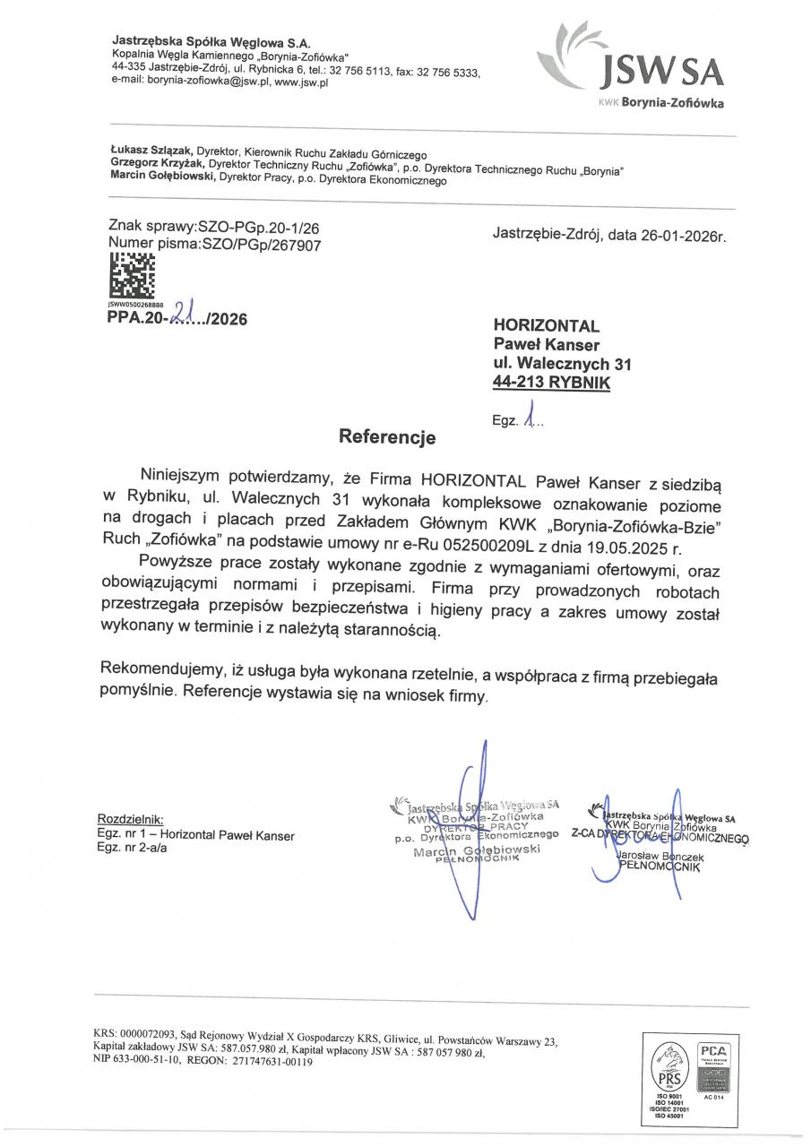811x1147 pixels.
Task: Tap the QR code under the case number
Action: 131,276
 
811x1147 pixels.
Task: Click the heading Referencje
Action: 386,437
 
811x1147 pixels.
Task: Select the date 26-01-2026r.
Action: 682,237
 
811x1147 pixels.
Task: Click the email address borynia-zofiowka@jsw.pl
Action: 187,82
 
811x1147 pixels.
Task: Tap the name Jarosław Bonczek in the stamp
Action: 660,858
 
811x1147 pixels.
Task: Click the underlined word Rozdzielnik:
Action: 130,818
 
